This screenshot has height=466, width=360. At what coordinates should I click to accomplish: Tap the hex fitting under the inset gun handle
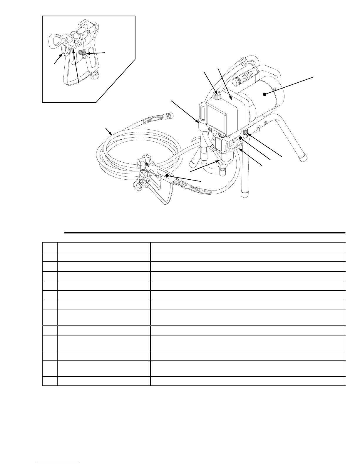pos(95,76)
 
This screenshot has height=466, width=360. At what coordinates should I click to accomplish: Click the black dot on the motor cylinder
pos(264,94)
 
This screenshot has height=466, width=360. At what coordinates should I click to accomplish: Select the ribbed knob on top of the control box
pos(218,95)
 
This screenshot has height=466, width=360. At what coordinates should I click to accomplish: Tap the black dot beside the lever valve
pos(240,138)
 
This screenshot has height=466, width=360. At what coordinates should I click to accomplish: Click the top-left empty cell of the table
pos(50,247)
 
